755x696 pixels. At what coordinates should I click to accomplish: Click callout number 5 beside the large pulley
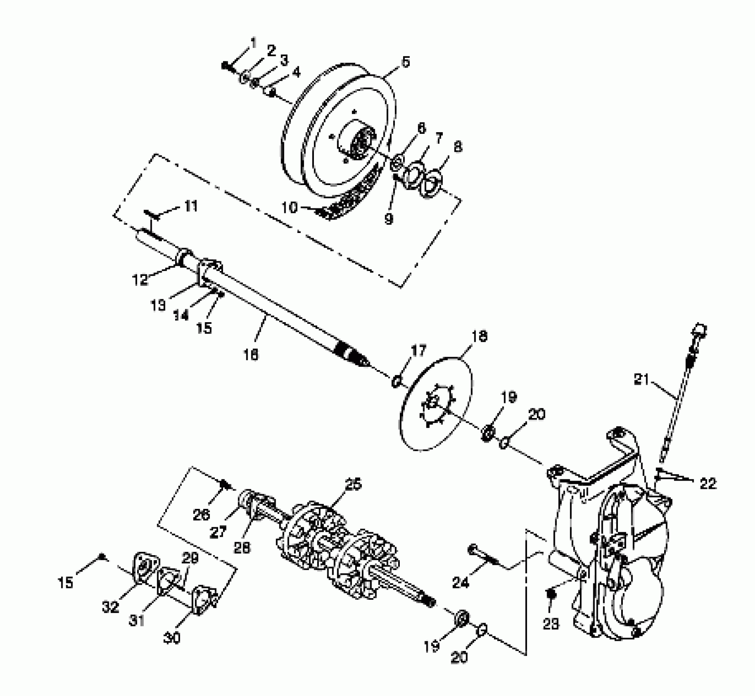pyautogui.click(x=405, y=62)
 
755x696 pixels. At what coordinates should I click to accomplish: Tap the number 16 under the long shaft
pyautogui.click(x=251, y=355)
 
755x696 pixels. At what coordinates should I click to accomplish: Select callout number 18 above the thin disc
pyautogui.click(x=480, y=336)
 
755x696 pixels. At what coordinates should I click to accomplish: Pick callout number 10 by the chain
pyautogui.click(x=290, y=208)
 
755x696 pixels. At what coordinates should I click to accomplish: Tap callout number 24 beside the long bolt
pyautogui.click(x=460, y=582)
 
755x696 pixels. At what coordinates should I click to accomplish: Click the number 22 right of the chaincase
pyautogui.click(x=708, y=484)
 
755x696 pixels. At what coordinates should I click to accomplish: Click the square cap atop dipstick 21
pyautogui.click(x=699, y=330)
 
